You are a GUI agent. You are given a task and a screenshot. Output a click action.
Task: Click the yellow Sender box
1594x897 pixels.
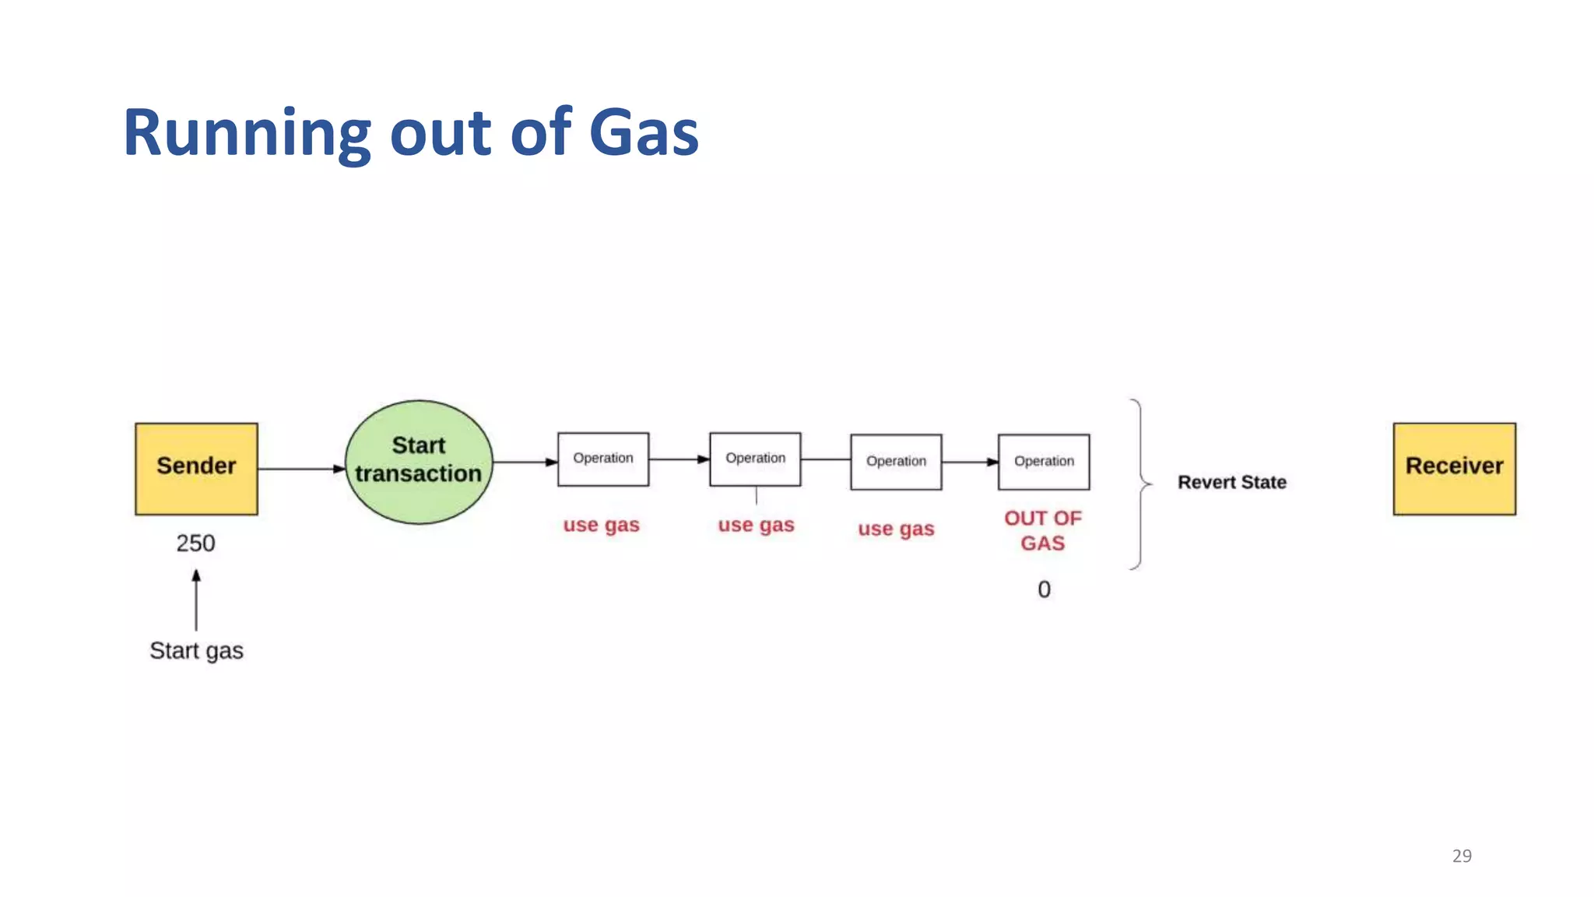pyautogui.click(x=196, y=468)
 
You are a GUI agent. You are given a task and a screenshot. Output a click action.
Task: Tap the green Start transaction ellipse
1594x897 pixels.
pyautogui.click(x=419, y=462)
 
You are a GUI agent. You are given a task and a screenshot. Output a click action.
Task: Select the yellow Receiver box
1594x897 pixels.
pyautogui.click(x=1454, y=468)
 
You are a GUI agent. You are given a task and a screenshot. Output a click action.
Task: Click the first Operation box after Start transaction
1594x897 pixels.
pyautogui.click(x=603, y=459)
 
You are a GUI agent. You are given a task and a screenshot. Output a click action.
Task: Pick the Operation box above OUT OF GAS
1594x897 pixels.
pyautogui.click(x=1044, y=462)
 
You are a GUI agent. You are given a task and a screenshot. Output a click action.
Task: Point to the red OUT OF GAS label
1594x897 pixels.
pyautogui.click(x=1043, y=530)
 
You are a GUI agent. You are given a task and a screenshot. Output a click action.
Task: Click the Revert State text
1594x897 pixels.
pyautogui.click(x=1231, y=482)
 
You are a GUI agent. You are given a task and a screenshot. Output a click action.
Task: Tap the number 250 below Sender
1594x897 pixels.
pyautogui.click(x=195, y=543)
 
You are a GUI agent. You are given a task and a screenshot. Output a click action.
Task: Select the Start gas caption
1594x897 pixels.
pyautogui.click(x=196, y=650)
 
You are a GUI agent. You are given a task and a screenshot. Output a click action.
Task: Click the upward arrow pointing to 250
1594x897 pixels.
pyautogui.click(x=196, y=600)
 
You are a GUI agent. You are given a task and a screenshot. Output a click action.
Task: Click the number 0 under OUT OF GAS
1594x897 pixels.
pyautogui.click(x=1044, y=589)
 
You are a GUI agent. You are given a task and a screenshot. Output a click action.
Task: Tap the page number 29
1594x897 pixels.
pyautogui.click(x=1462, y=856)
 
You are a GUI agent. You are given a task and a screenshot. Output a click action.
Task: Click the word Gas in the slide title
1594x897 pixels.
pyautogui.click(x=644, y=132)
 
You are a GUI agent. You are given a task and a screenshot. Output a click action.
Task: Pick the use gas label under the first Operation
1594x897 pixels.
pyautogui.click(x=601, y=525)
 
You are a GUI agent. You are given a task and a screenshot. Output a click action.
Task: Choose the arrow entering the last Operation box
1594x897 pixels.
pyautogui.click(x=970, y=462)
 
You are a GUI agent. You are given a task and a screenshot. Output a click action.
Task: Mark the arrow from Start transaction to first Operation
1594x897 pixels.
pyautogui.click(x=525, y=462)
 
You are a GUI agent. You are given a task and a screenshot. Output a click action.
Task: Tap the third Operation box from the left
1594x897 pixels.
pyautogui.click(x=896, y=462)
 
